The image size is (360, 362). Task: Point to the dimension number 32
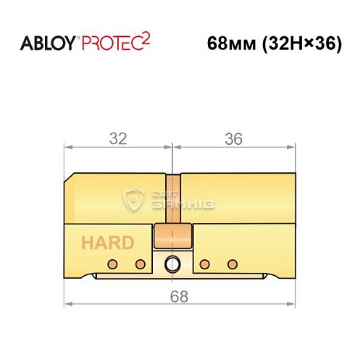[x=117, y=138]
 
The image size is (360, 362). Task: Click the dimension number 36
[x=233, y=138]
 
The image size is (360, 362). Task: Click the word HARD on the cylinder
[x=106, y=242]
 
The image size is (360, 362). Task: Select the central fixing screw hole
[x=172, y=264]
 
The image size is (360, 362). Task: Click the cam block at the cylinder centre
[x=172, y=236]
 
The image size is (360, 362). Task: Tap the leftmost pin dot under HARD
[x=112, y=264]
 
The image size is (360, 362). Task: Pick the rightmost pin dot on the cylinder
[x=233, y=264]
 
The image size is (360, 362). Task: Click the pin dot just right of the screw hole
[x=204, y=264]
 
